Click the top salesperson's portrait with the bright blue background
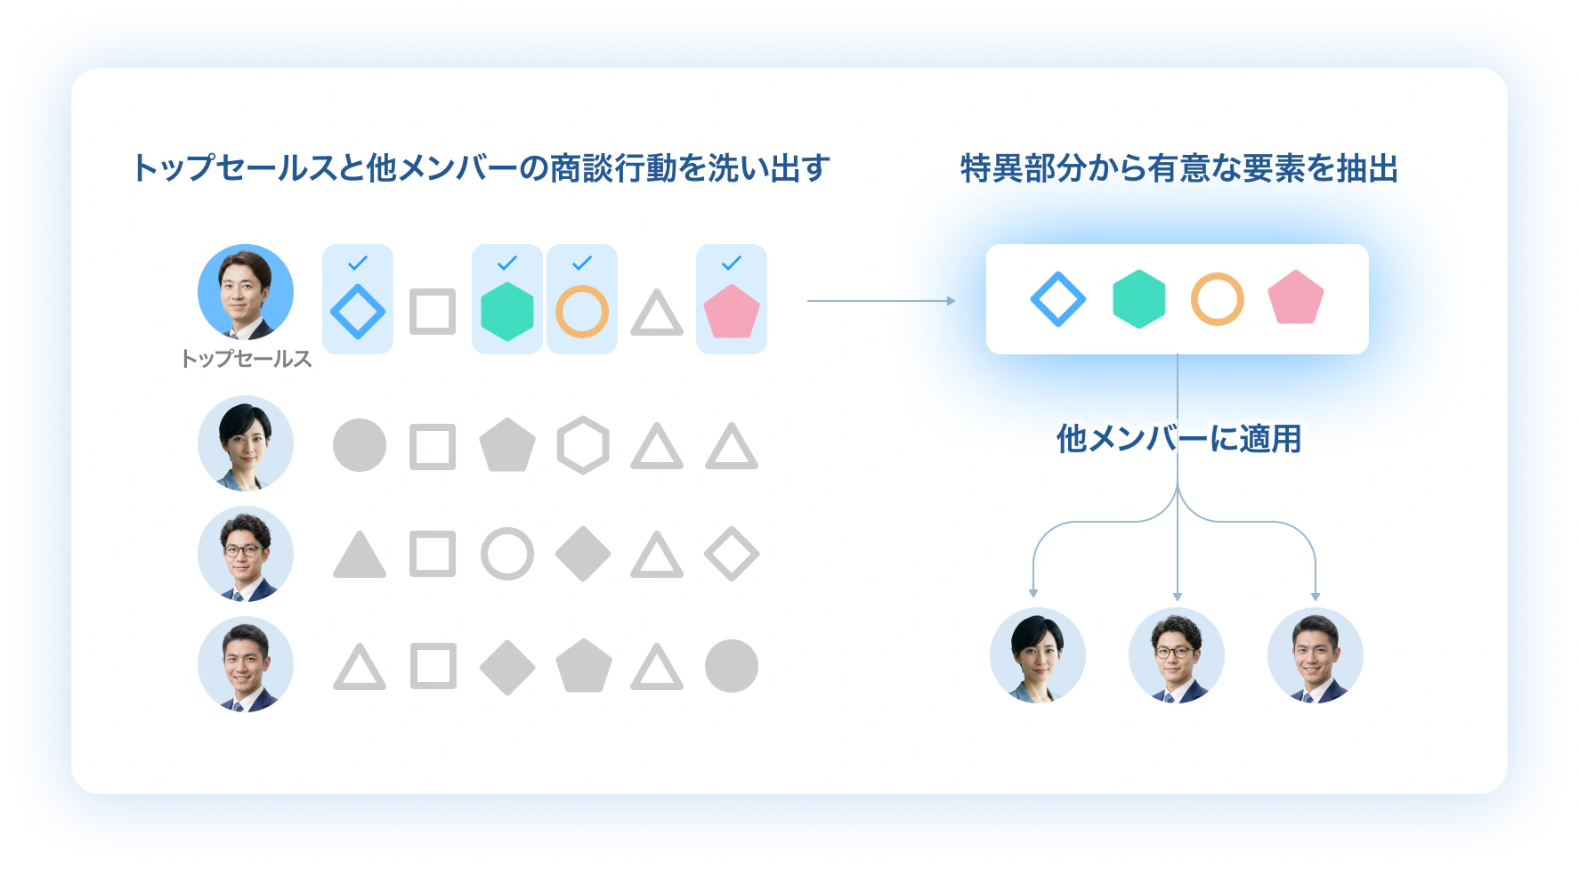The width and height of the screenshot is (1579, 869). (246, 292)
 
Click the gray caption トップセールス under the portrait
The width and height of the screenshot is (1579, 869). (246, 359)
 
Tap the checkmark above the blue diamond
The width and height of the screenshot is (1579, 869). (358, 263)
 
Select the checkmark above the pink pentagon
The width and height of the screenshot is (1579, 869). (732, 263)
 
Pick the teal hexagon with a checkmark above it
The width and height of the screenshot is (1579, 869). (507, 312)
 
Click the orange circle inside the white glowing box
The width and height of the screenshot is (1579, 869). (1217, 299)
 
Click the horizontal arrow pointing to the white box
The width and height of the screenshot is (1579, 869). (881, 301)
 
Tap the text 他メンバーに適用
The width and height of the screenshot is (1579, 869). (1178, 439)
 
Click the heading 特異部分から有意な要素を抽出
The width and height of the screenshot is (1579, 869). (1179, 168)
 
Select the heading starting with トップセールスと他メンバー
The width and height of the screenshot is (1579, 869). (481, 168)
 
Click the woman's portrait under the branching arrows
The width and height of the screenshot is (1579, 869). (1038, 655)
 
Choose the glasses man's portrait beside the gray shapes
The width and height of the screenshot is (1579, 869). (246, 554)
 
